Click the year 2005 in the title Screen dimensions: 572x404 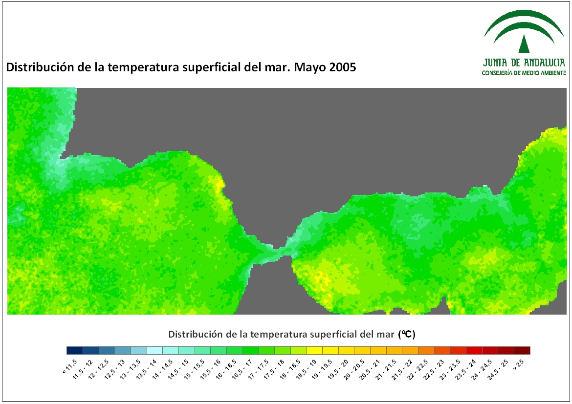click(x=341, y=67)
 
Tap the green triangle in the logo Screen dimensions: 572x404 click(x=524, y=44)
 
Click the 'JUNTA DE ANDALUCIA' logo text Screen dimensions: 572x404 click(x=524, y=63)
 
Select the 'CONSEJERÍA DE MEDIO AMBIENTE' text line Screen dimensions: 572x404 click(x=524, y=73)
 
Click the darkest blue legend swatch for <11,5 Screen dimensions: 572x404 click(x=75, y=350)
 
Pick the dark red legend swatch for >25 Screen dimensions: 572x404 click(x=522, y=350)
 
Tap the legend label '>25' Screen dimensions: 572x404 click(x=518, y=364)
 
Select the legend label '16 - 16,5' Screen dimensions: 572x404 click(x=226, y=369)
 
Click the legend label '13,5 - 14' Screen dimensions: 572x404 click(x=146, y=369)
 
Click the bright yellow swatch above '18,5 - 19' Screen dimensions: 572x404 click(x=314, y=350)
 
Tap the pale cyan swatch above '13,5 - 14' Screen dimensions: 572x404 click(x=154, y=350)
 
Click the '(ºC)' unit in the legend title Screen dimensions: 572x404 click(x=407, y=334)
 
